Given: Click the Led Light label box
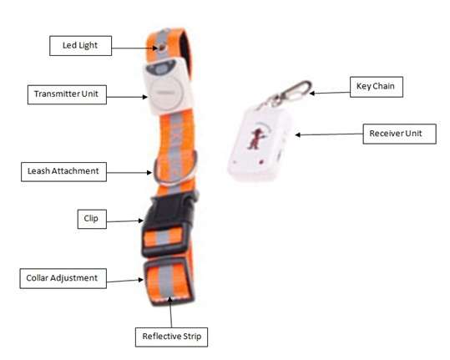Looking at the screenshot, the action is click(x=80, y=46).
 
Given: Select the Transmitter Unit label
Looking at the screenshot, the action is click(x=67, y=94).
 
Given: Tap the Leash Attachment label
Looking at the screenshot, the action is click(x=63, y=172).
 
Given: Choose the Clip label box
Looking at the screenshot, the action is click(x=92, y=219).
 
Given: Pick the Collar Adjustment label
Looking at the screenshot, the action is click(x=63, y=278).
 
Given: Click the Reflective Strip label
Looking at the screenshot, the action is click(x=171, y=337).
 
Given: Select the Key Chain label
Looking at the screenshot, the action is click(x=377, y=87).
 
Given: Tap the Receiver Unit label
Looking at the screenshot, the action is click(x=399, y=134).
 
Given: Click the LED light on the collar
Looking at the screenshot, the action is click(x=162, y=48).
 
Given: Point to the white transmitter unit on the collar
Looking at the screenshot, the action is click(x=168, y=86).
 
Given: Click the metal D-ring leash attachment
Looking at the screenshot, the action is click(x=175, y=170).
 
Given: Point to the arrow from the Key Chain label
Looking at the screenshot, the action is click(x=330, y=93).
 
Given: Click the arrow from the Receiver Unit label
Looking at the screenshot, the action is click(x=329, y=134).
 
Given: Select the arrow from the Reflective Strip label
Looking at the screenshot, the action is click(x=171, y=312).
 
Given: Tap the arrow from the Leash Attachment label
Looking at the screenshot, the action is click(x=129, y=173).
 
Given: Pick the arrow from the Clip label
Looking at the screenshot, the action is click(x=125, y=221).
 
